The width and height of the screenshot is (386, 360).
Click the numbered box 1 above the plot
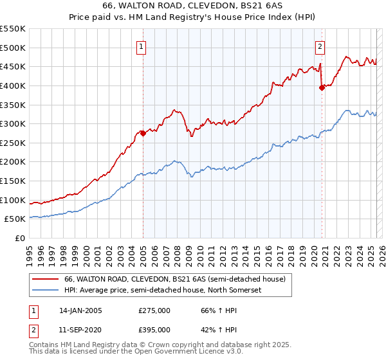[x=140, y=46]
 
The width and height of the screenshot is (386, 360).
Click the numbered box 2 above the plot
[x=320, y=46]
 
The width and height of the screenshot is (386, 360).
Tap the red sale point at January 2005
[x=143, y=133]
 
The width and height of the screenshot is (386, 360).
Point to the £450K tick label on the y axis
[x=13, y=66]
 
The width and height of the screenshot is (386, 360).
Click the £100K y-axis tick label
[x=13, y=200]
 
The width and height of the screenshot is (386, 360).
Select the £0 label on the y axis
[x=21, y=238]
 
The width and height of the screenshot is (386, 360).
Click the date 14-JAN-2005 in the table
[x=80, y=310]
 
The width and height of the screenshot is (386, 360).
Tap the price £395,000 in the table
[x=154, y=332]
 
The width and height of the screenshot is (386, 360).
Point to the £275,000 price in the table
[x=154, y=310]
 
